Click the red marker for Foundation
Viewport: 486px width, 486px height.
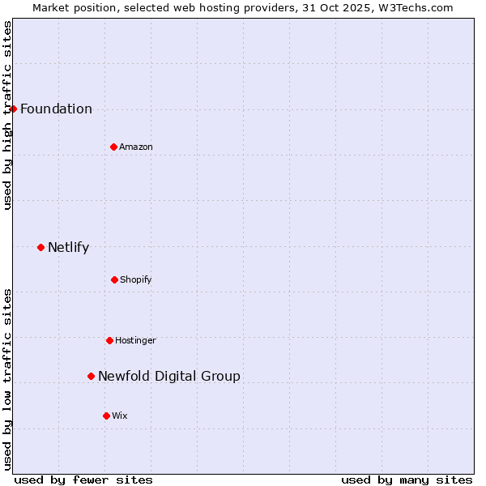click(x=13, y=109)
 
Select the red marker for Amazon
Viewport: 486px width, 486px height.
click(x=113, y=147)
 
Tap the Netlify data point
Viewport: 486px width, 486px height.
click(x=40, y=247)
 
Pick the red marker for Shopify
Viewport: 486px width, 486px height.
click(x=114, y=279)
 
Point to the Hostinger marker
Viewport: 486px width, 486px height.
click(x=109, y=340)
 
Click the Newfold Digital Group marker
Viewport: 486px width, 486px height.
click(x=91, y=376)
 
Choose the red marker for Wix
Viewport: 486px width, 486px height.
click(x=106, y=416)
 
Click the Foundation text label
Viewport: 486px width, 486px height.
click(x=56, y=109)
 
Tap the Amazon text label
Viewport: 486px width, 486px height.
click(x=136, y=147)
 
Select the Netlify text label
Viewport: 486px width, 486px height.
click(x=68, y=248)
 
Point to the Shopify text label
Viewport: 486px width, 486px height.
click(x=136, y=280)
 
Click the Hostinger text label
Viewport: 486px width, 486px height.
click(x=135, y=341)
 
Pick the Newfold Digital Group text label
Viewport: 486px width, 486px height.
click(x=169, y=377)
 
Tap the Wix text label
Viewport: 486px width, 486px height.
click(x=120, y=416)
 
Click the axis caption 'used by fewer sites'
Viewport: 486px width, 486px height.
click(x=83, y=480)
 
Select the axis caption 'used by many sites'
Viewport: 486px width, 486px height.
click(x=407, y=480)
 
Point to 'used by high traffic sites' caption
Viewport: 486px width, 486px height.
click(x=8, y=115)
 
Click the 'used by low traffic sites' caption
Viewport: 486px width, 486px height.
click(x=8, y=378)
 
